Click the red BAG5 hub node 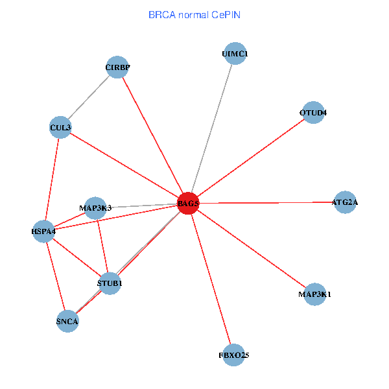pyautogui.click(x=188, y=204)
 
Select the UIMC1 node pyautogui.click(x=235, y=54)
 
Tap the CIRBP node pyautogui.click(x=117, y=67)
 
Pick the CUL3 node pyautogui.click(x=60, y=127)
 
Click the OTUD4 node pyautogui.click(x=313, y=113)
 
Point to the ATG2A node pyautogui.click(x=344, y=202)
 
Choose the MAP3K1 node pyautogui.click(x=314, y=295)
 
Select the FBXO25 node pyautogui.click(x=234, y=355)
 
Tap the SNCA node pyautogui.click(x=67, y=321)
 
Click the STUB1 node pyautogui.click(x=110, y=283)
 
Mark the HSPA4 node pyautogui.click(x=43, y=231)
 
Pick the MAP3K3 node pyautogui.click(x=95, y=207)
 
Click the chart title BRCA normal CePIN pyautogui.click(x=194, y=14)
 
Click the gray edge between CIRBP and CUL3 pyautogui.click(x=89, y=97)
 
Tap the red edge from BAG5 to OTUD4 pyautogui.click(x=251, y=158)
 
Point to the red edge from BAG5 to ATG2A pyautogui.click(x=266, y=203)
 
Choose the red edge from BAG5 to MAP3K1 pyautogui.click(x=252, y=250)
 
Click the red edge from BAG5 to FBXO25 pyautogui.click(x=211, y=279)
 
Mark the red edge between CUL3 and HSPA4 pyautogui.click(x=52, y=179)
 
